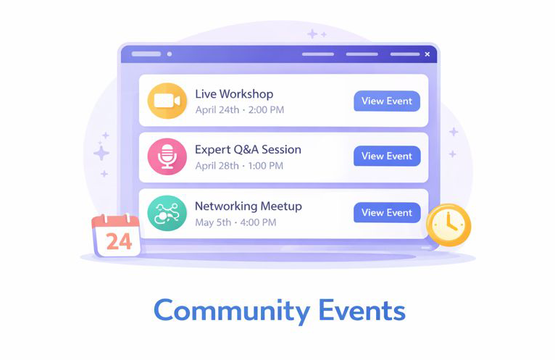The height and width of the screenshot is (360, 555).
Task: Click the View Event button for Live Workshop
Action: pos(386,101)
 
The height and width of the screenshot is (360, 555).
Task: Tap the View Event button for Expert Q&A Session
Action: pos(386,156)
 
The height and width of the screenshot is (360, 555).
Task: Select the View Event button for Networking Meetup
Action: pos(386,212)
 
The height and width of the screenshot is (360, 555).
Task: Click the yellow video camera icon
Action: pos(167,101)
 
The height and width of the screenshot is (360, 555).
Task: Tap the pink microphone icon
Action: pos(167,156)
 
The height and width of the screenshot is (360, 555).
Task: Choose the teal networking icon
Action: pos(167,212)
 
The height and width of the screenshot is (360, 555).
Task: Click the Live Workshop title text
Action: pos(234,94)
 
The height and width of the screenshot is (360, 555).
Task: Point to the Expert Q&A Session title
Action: pos(248,150)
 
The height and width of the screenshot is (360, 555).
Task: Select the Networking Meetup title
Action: pos(248,206)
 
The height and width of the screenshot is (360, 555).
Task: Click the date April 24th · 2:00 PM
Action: pos(239,110)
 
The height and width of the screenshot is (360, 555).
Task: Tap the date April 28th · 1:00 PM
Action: pos(239,166)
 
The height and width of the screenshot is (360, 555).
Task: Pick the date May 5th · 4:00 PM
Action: pos(235,222)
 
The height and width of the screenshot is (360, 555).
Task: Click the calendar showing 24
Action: pos(116,235)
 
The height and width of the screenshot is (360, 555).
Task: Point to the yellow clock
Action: pos(448,225)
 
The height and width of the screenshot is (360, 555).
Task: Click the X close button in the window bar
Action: pos(427,54)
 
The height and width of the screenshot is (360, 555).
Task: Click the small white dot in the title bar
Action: pos(170,54)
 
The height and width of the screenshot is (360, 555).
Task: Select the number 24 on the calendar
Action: pos(118,241)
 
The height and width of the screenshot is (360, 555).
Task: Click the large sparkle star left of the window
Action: pos(101,153)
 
